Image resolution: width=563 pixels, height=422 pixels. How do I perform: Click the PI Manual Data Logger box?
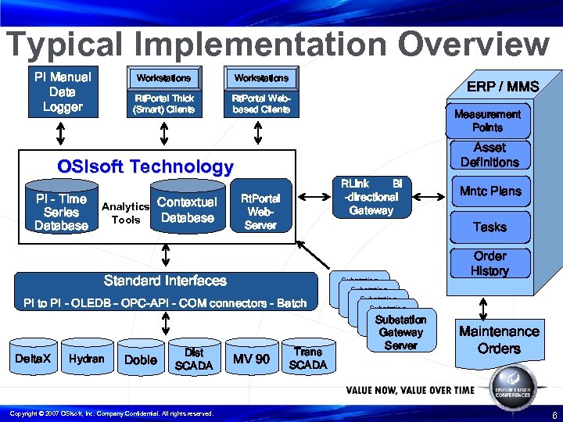[63, 92]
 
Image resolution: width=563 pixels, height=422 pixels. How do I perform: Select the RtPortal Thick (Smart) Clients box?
[163, 104]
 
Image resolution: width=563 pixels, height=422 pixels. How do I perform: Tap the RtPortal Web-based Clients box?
[261, 104]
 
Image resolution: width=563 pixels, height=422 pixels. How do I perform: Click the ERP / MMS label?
[503, 86]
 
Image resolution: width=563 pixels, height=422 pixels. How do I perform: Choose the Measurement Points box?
[487, 120]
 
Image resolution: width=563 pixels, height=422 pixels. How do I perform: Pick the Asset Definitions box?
[490, 155]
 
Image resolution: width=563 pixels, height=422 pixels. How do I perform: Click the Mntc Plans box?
[490, 191]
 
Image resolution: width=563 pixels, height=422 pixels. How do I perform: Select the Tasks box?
[489, 227]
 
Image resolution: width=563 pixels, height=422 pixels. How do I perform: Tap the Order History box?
[489, 263]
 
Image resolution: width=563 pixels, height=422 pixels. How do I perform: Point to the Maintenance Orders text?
[499, 340]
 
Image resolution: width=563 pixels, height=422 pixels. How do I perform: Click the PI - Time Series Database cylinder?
[61, 212]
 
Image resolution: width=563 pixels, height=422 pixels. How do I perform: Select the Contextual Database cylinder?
[187, 209]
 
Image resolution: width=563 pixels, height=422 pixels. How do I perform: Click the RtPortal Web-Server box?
[260, 212]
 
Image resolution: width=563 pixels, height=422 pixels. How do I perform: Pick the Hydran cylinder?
[86, 359]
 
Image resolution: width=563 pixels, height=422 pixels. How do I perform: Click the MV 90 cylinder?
[252, 359]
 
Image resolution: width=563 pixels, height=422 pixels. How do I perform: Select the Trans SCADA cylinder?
[307, 359]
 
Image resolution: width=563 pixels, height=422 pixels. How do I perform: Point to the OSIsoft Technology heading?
[145, 166]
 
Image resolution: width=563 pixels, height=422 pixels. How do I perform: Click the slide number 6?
[554, 414]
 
